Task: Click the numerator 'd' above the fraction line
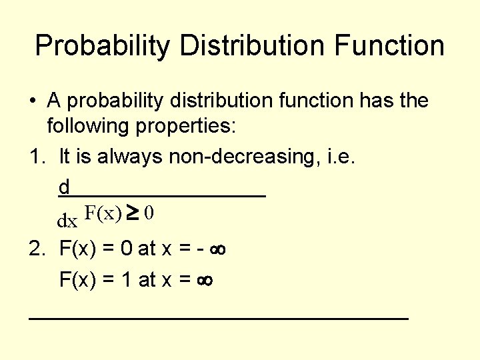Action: pos(64,186)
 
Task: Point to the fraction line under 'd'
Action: pos(162,195)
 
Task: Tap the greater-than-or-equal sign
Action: pos(133,213)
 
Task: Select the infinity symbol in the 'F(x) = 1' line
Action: pos(203,281)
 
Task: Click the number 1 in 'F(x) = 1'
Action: pos(125,279)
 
